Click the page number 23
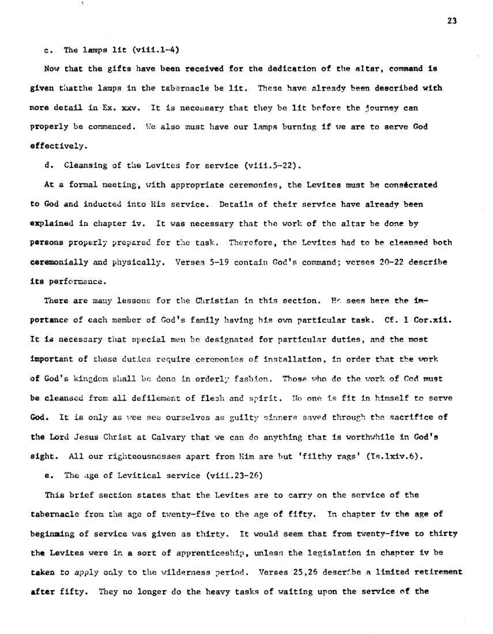pyautogui.click(x=451, y=21)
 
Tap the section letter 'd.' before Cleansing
pyautogui.click(x=48, y=166)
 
